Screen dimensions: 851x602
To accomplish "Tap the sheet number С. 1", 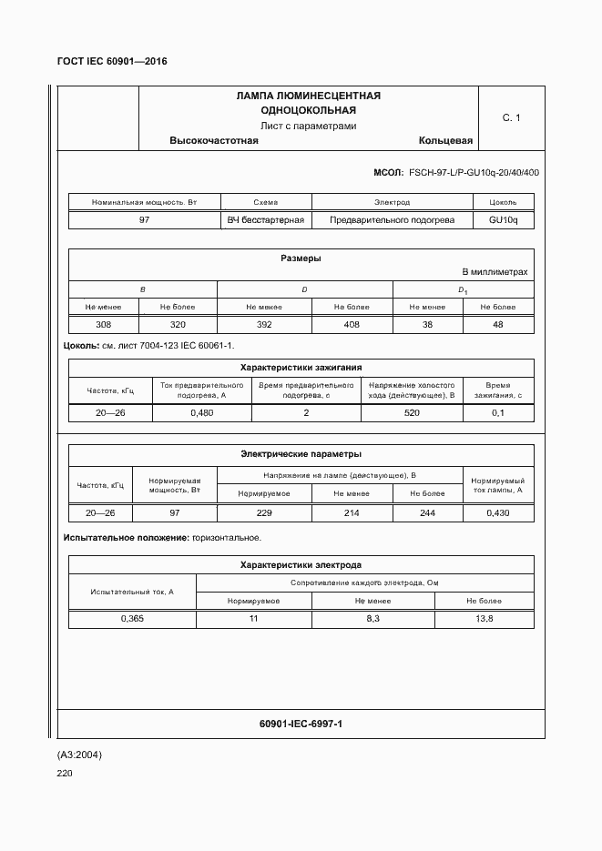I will [511, 117].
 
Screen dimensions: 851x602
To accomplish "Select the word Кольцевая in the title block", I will [445, 141].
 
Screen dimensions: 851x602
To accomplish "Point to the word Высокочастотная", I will [214, 141].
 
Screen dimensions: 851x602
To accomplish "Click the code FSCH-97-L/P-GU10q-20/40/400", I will [474, 173].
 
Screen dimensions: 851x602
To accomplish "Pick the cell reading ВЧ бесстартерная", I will [266, 219].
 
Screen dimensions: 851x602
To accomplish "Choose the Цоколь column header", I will [503, 202].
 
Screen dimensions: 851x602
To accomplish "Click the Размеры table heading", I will [301, 258].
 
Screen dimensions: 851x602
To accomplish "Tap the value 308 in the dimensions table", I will [104, 325].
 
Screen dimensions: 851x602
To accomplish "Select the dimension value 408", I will [352, 325].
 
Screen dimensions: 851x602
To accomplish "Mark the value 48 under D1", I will [497, 325].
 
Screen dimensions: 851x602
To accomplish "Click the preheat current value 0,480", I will [201, 412].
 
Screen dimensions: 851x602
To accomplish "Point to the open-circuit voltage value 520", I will [412, 412].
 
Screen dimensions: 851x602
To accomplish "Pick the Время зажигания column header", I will [497, 390].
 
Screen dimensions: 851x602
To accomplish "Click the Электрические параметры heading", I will [301, 453].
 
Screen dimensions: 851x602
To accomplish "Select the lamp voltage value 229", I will [265, 513].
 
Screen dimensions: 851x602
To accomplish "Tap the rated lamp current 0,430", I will [497, 513].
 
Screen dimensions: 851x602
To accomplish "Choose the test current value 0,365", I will [132, 618].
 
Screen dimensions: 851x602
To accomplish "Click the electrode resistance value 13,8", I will [484, 618].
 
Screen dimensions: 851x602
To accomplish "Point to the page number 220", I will [65, 774].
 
